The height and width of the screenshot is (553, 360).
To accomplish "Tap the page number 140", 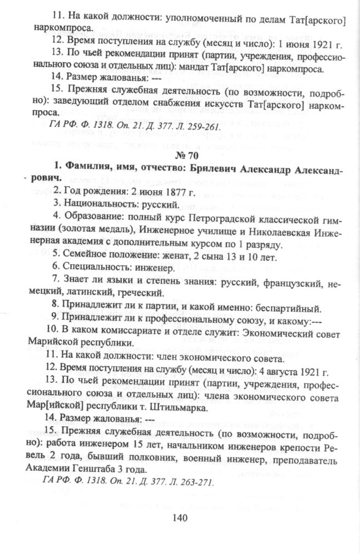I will pos(181,517).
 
